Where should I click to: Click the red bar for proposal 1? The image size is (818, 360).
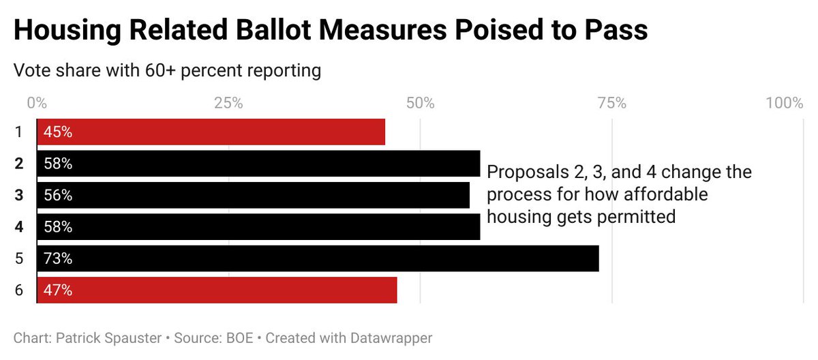tap(211, 132)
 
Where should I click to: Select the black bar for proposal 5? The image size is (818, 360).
tap(318, 258)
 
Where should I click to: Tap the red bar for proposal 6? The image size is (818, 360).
tap(217, 290)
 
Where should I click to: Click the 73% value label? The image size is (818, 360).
tap(58, 258)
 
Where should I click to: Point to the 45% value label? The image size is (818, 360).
tap(58, 132)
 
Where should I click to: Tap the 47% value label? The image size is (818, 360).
tap(58, 290)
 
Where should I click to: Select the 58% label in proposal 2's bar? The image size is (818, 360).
tap(58, 164)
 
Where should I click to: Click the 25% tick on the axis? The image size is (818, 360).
tap(228, 103)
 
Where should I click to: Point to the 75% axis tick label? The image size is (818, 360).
tap(611, 103)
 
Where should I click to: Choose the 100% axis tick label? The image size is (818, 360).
tap(785, 103)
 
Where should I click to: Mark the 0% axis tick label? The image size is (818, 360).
tap(37, 103)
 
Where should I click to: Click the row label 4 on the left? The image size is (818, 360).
tap(19, 227)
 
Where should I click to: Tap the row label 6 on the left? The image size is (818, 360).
tap(19, 290)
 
